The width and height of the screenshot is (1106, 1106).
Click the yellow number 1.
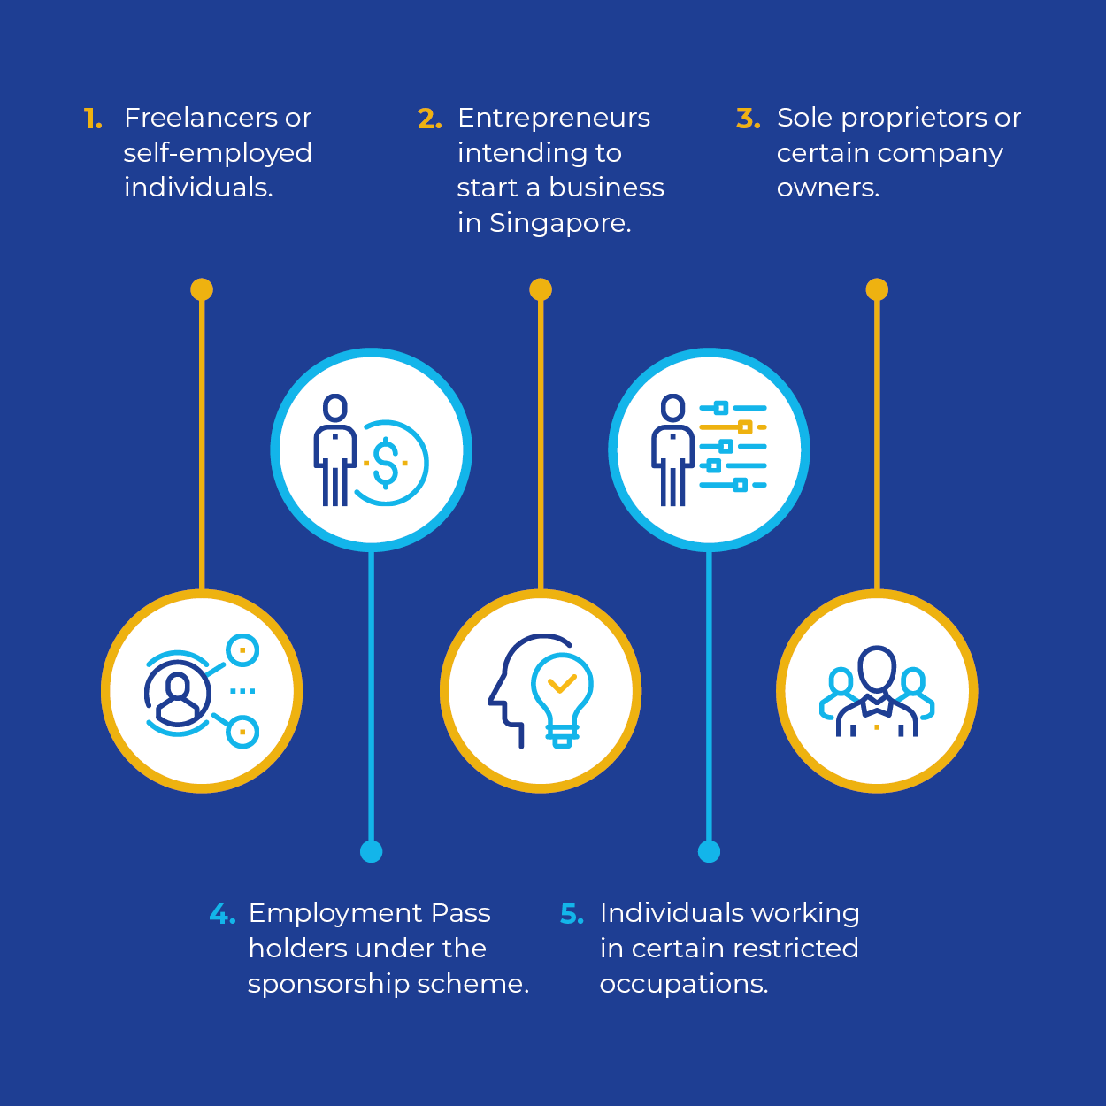(x=92, y=119)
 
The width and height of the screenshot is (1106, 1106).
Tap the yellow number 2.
(x=429, y=119)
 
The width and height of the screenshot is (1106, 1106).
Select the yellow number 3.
(x=749, y=119)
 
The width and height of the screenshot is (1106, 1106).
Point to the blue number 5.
(x=572, y=914)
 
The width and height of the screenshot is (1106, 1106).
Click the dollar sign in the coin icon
(x=385, y=463)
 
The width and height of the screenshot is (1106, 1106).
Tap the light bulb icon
(x=562, y=700)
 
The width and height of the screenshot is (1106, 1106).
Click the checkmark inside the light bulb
(x=562, y=684)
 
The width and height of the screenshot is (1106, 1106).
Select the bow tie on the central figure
(x=877, y=705)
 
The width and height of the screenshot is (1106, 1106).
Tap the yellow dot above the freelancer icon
(x=202, y=289)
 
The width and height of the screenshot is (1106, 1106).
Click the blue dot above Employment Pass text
(x=371, y=851)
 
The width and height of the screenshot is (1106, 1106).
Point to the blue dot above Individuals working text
(x=709, y=851)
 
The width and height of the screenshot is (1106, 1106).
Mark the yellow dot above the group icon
(x=877, y=289)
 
